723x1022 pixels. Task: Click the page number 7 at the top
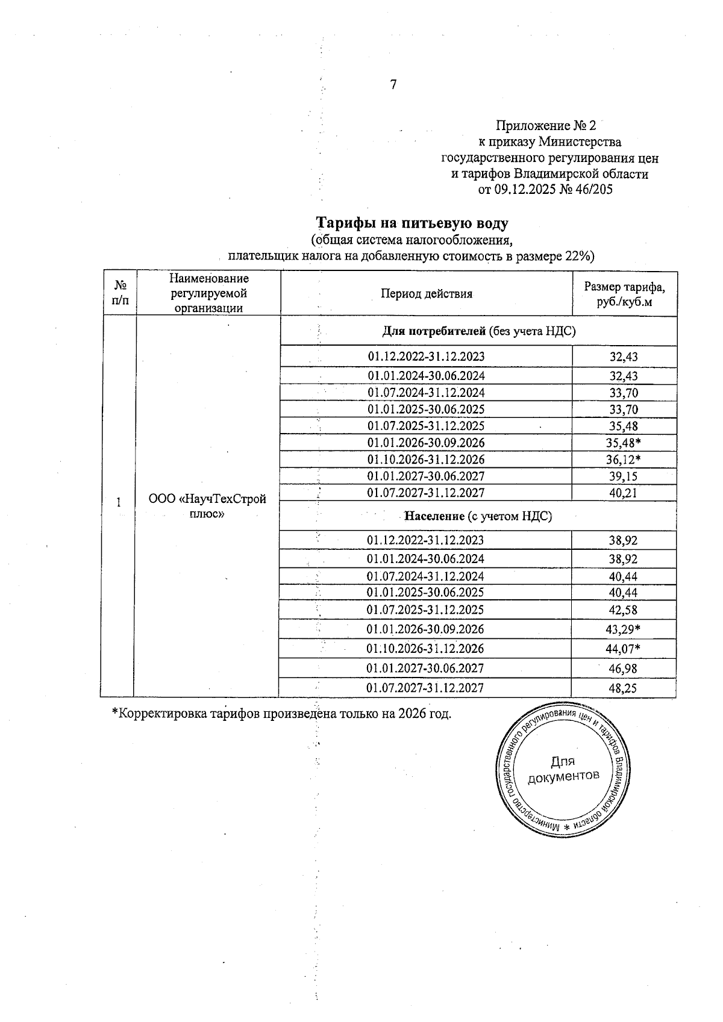tap(393, 85)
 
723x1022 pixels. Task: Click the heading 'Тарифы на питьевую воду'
tap(413, 223)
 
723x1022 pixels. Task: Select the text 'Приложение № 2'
tap(545, 126)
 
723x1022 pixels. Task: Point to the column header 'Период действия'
tap(427, 294)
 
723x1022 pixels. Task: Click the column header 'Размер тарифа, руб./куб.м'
tap(624, 294)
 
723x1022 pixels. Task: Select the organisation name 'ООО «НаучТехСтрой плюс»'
tap(207, 506)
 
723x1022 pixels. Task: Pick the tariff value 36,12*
tap(624, 460)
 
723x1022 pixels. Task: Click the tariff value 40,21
tap(623, 493)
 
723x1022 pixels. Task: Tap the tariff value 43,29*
tap(624, 629)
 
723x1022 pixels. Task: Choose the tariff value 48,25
tap(623, 688)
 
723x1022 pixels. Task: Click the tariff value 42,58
tap(623, 610)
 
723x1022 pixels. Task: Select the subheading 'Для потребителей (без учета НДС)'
tap(479, 331)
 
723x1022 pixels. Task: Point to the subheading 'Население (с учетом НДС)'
tap(478, 516)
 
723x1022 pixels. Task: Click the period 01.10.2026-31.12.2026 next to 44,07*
tap(425, 649)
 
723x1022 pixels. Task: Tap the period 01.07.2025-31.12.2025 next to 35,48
tap(426, 426)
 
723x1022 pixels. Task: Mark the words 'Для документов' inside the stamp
tap(563, 768)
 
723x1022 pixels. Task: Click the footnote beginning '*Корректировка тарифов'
tap(282, 714)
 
